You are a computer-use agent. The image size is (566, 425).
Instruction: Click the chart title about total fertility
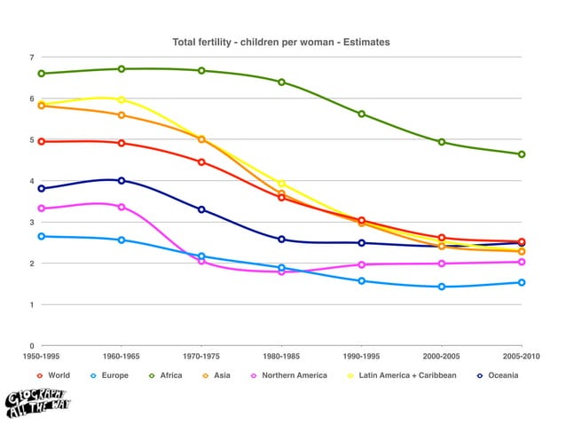click(x=280, y=42)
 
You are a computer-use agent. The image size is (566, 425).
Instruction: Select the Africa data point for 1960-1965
click(x=122, y=69)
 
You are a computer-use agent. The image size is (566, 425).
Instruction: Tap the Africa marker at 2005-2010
click(x=522, y=154)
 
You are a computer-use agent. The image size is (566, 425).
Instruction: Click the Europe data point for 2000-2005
click(x=442, y=287)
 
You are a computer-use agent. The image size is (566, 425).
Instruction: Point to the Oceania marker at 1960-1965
click(x=122, y=180)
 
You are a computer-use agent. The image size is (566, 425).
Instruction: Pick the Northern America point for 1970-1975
click(x=201, y=261)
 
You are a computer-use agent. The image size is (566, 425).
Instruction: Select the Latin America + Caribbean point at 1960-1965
click(x=122, y=100)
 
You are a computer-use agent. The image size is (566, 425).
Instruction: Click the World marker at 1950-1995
click(x=42, y=141)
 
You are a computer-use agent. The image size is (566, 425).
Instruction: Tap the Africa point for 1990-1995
click(x=362, y=114)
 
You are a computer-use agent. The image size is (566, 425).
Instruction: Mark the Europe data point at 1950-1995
click(x=42, y=237)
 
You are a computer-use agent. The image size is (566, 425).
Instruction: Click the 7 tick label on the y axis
click(x=32, y=58)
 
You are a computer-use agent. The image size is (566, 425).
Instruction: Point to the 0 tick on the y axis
click(x=32, y=346)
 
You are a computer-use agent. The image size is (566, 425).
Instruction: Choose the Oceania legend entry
click(x=498, y=375)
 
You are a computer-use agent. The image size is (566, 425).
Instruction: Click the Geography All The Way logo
click(x=37, y=402)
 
